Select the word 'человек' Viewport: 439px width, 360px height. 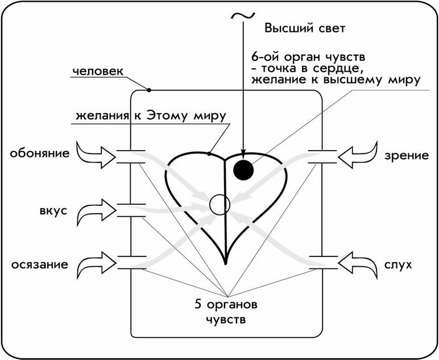(98, 72)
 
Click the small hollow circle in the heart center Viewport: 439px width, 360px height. (218, 204)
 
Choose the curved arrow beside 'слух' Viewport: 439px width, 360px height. (357, 264)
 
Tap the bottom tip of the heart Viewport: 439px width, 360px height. (226, 264)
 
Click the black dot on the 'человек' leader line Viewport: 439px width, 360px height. (148, 90)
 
